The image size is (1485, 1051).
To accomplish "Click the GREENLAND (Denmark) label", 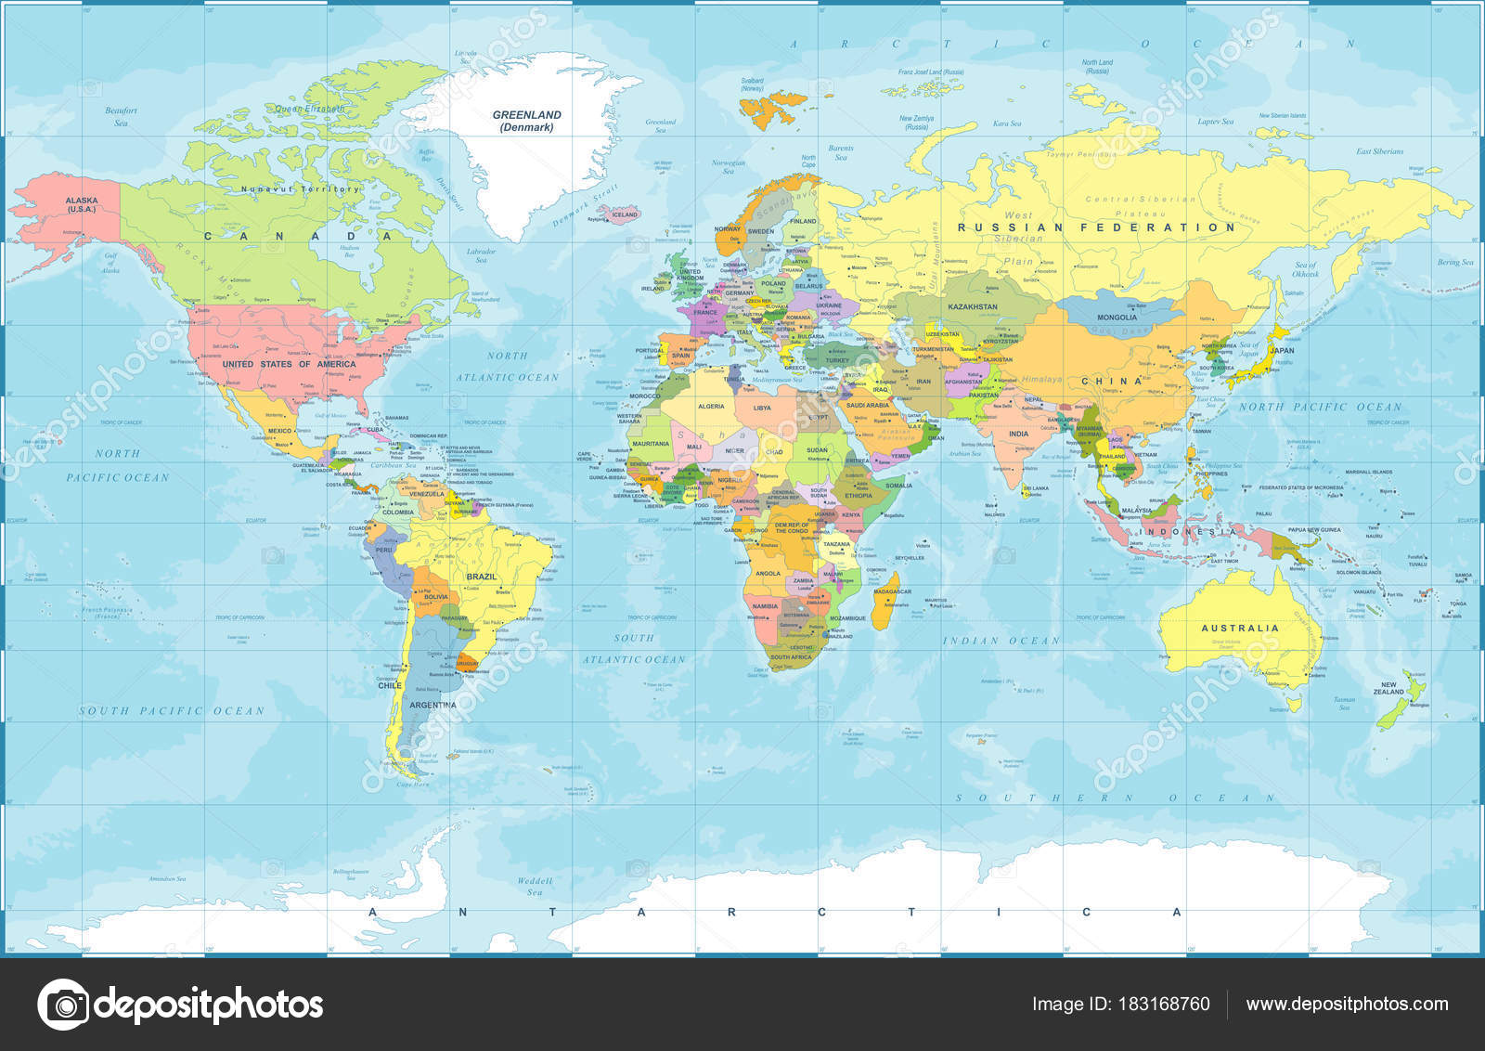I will tap(526, 121).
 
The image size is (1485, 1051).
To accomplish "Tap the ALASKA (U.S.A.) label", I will tap(82, 205).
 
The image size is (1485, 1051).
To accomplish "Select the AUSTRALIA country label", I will tap(1240, 629).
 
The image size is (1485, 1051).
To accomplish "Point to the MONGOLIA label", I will tap(1117, 318).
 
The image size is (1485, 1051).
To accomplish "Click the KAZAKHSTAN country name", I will tap(972, 306).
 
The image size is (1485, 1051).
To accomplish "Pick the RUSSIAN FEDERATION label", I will tap(1096, 227).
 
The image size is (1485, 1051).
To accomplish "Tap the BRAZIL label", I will tap(482, 577).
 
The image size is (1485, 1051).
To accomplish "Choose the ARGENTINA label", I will tap(433, 705).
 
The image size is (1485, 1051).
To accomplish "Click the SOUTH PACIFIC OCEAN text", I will tap(172, 711).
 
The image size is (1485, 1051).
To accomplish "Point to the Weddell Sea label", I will tap(535, 887).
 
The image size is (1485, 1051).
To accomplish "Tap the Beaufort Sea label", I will tap(121, 116).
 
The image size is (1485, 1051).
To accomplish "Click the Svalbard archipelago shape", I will tap(775, 105).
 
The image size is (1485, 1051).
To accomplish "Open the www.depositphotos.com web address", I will tap(1347, 1004).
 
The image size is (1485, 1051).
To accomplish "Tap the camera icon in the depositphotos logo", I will tap(63, 1005).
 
